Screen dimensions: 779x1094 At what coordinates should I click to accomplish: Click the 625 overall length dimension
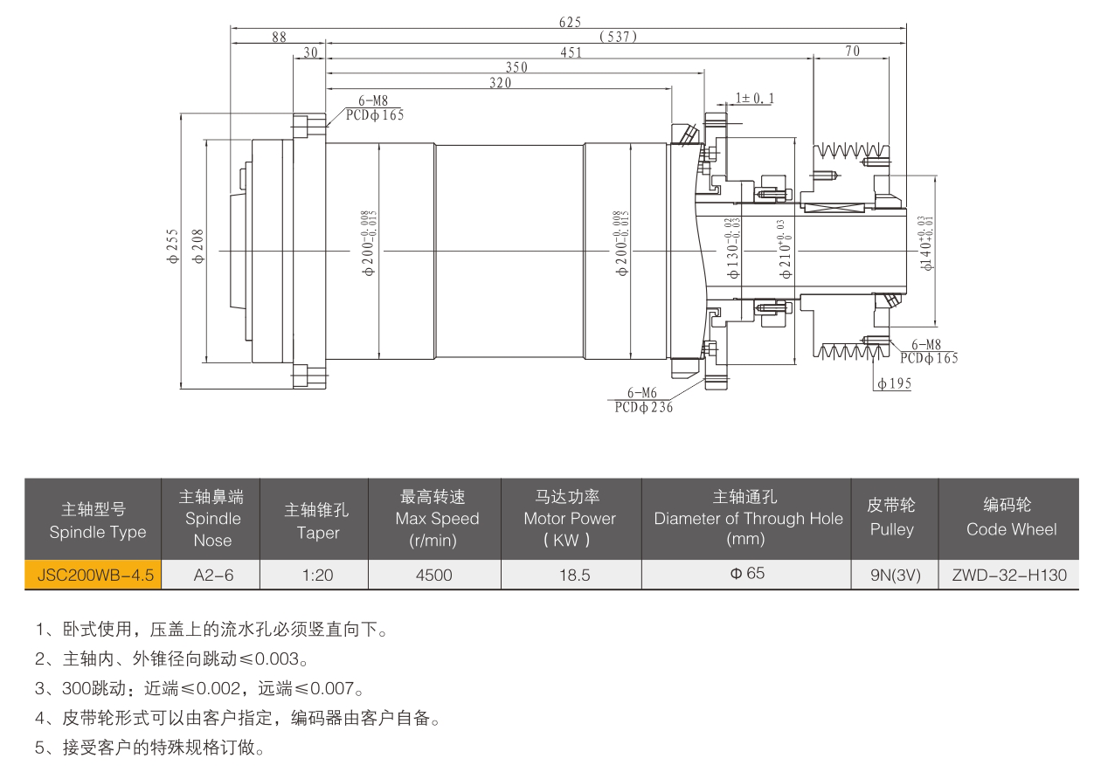(x=570, y=22)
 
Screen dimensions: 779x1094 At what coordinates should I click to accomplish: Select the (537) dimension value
(x=619, y=37)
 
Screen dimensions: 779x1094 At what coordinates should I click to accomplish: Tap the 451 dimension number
(x=571, y=52)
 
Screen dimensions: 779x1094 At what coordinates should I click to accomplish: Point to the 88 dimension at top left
(x=279, y=38)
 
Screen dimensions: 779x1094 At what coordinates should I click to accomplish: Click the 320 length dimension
(x=500, y=83)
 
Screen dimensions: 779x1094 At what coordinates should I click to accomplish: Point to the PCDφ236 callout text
(x=643, y=407)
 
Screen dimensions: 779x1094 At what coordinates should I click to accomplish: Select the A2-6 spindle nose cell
(x=212, y=576)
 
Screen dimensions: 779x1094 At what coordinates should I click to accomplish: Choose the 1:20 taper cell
(x=315, y=576)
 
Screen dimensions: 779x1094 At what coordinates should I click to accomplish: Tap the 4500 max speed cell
(x=435, y=576)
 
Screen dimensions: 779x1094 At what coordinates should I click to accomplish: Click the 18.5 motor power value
(x=571, y=576)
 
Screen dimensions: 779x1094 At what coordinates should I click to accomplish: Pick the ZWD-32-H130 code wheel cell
(x=1010, y=576)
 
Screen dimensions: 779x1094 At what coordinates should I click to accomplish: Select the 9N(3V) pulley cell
(x=895, y=576)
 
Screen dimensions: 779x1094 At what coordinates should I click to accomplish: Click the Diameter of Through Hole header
(x=747, y=518)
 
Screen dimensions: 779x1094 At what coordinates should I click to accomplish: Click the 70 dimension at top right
(x=852, y=52)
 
